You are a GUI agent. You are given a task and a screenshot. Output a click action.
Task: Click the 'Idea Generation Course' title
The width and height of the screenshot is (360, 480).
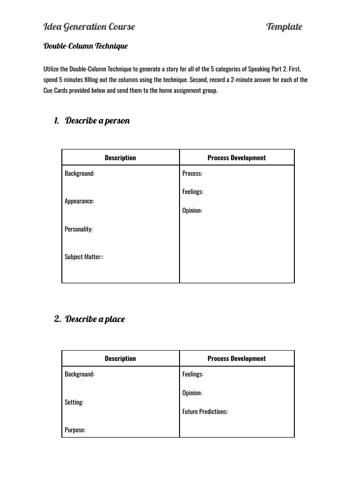89,27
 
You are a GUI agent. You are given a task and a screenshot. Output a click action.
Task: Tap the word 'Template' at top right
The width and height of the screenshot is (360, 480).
284,27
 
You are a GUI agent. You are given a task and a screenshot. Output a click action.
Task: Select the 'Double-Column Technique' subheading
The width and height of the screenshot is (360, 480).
85,46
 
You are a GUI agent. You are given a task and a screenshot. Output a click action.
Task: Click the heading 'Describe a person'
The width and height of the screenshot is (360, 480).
97,120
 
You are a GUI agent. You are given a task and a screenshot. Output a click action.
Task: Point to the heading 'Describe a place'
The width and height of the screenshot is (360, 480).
95,319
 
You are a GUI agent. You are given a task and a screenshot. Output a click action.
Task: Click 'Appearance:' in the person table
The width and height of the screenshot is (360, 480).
79,201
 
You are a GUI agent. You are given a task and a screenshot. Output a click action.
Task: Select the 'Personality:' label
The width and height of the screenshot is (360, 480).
79,229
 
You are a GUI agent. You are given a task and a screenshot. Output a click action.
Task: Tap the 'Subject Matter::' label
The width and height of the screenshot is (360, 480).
84,257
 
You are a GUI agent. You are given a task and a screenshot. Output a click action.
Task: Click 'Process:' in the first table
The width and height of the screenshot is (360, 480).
192,173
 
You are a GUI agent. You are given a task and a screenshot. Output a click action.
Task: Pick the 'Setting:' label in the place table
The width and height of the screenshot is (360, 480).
74,402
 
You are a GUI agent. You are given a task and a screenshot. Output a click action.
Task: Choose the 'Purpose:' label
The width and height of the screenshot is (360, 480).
75,430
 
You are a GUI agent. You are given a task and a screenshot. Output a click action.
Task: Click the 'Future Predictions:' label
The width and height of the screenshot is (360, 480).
205,412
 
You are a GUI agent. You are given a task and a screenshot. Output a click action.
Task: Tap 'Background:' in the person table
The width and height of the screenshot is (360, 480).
79,173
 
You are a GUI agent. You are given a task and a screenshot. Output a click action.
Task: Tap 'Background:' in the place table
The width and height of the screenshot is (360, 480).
79,374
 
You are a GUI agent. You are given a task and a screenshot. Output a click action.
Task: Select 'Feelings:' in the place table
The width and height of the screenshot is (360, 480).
193,374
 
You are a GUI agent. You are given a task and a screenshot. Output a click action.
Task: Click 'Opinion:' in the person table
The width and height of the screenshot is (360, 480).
192,210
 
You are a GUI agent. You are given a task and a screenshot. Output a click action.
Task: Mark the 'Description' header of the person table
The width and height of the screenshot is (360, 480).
120,158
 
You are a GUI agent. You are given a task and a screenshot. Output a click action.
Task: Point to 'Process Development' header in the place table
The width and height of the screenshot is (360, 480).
237,359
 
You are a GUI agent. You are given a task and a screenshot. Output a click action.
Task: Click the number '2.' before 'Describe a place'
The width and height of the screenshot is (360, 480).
57,319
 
